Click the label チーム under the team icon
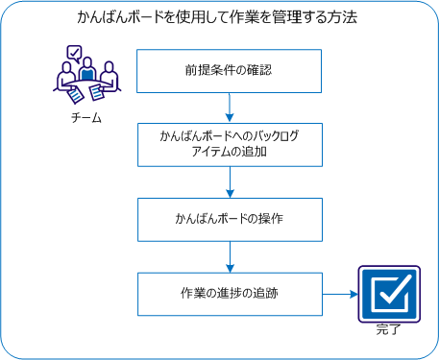(85, 117)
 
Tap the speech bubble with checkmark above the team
(73, 54)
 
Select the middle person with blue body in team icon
(87, 72)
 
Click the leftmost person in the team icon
(64, 77)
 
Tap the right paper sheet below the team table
(96, 92)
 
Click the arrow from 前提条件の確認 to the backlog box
(231, 108)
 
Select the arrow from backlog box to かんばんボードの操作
(231, 182)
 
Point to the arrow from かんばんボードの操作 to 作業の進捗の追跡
(231, 256)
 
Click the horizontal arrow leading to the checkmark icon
(336, 294)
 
